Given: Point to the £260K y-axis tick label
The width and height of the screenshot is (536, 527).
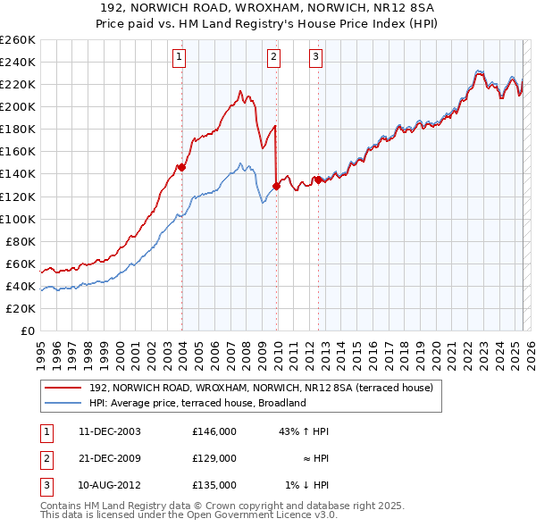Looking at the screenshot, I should (17, 39).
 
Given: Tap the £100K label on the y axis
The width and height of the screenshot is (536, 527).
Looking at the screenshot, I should (17, 219).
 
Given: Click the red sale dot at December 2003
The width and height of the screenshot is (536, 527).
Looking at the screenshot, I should (182, 167).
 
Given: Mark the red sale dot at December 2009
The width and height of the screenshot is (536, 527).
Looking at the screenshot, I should (277, 186).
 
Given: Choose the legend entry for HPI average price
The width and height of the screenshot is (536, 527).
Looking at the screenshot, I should (197, 403).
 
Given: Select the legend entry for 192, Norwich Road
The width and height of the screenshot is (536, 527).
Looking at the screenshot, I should (261, 388).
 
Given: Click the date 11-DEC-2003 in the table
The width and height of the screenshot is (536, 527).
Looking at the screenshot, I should (109, 431).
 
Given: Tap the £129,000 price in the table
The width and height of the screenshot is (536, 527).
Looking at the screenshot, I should (214, 458).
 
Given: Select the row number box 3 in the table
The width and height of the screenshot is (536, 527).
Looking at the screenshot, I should (46, 485).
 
